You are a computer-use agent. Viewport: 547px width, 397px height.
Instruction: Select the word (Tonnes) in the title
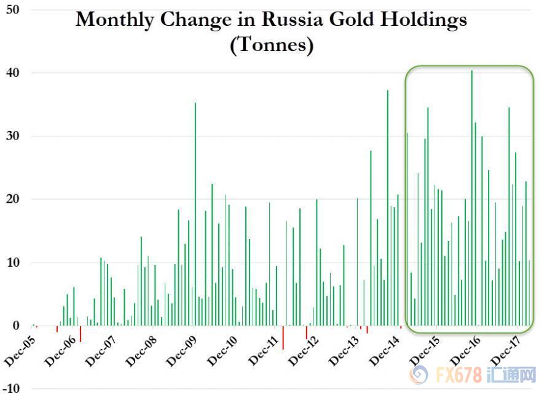[271, 45]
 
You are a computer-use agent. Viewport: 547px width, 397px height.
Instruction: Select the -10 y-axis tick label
[10, 388]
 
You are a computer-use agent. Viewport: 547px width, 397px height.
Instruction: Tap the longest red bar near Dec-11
[283, 337]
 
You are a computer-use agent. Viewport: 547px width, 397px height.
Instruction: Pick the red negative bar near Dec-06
[81, 333]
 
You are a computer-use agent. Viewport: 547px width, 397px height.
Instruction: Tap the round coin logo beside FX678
[420, 374]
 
